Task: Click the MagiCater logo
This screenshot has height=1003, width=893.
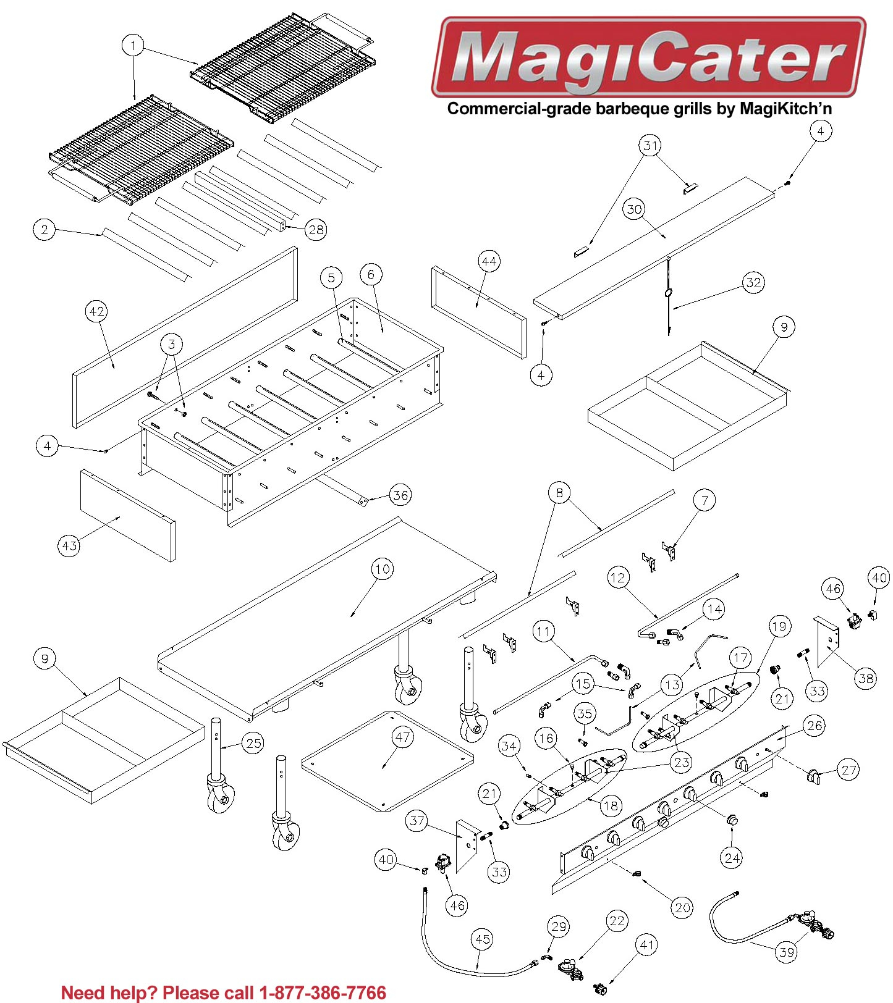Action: (x=648, y=57)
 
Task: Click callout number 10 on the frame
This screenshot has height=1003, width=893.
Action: (x=383, y=569)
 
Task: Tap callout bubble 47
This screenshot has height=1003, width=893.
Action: (x=403, y=737)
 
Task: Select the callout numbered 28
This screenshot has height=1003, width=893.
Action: (x=316, y=230)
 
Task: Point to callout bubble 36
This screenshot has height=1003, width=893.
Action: (x=401, y=495)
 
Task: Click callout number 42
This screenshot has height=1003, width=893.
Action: (x=97, y=311)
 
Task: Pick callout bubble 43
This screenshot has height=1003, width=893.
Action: (x=69, y=545)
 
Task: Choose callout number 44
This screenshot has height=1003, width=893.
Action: (x=489, y=262)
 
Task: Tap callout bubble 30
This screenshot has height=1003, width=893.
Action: (x=635, y=209)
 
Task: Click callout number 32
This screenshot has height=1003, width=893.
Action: (x=753, y=283)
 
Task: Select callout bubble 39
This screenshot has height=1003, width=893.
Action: (x=787, y=952)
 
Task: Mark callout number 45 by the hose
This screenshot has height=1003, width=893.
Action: (x=482, y=939)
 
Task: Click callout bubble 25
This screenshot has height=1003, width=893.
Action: (x=254, y=743)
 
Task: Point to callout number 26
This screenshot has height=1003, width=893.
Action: (x=815, y=725)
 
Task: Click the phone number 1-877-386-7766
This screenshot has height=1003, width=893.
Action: (x=323, y=993)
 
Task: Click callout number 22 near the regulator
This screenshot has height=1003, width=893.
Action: (x=617, y=921)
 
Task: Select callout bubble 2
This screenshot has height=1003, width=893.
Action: (x=44, y=230)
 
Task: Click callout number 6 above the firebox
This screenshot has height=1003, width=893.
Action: (x=371, y=274)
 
